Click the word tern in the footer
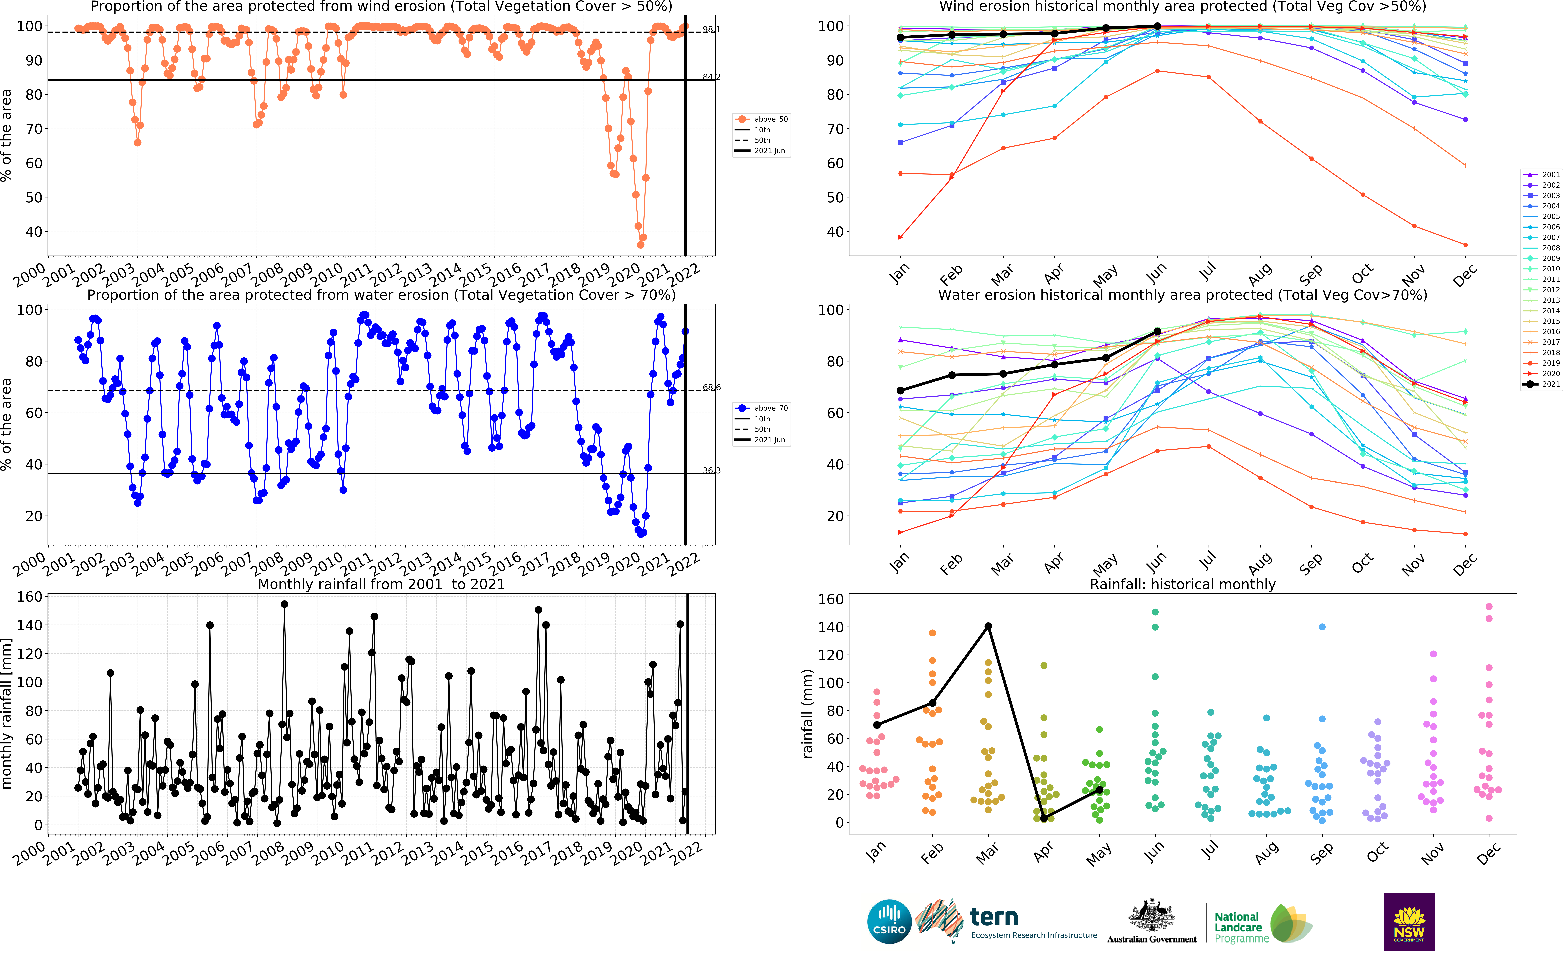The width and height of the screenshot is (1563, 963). pos(994,917)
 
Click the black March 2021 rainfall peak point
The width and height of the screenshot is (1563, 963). pos(988,626)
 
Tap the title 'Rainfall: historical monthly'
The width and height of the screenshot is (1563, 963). pos(1182,584)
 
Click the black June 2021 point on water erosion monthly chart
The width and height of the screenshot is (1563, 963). pos(1157,331)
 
